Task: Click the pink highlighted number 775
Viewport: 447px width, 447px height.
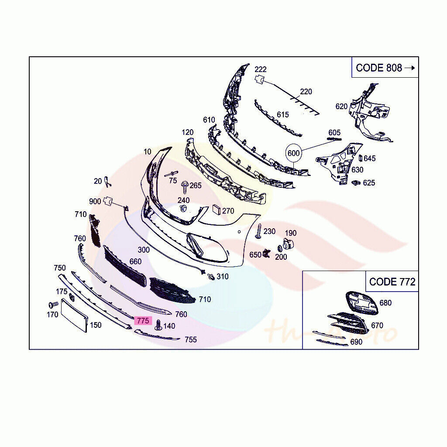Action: coord(143,321)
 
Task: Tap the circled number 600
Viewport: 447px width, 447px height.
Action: coord(294,153)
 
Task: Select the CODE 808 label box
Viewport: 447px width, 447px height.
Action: coord(385,68)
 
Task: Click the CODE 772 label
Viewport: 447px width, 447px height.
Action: coord(392,282)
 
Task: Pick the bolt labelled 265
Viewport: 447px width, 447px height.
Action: coord(185,186)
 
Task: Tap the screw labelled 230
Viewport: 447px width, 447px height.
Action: coord(258,232)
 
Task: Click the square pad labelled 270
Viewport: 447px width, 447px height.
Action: coord(216,210)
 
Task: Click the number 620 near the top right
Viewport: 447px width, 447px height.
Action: coord(341,106)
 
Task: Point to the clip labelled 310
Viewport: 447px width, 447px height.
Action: coord(211,276)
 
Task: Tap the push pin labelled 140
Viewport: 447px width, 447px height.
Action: coord(158,325)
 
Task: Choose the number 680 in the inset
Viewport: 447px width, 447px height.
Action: coord(385,303)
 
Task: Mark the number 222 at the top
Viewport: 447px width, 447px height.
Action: coord(261,69)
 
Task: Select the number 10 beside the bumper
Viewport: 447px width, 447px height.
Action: coord(147,151)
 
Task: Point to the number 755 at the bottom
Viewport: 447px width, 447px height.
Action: coord(190,339)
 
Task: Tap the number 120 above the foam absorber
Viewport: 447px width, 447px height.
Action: coord(188,132)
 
